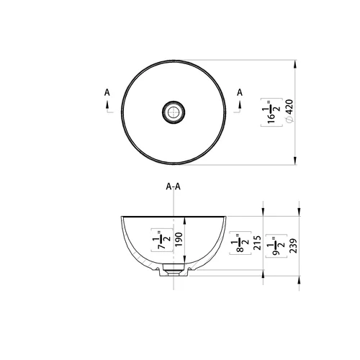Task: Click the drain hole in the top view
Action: point(174,112)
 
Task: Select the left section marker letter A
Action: point(107,92)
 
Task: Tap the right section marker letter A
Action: point(240,92)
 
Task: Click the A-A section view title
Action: point(173,186)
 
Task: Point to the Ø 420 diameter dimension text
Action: point(290,111)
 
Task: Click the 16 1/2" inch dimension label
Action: point(271,112)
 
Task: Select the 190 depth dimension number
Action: point(179,240)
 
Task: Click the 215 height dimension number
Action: point(257,243)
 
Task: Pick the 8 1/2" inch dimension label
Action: point(240,243)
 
